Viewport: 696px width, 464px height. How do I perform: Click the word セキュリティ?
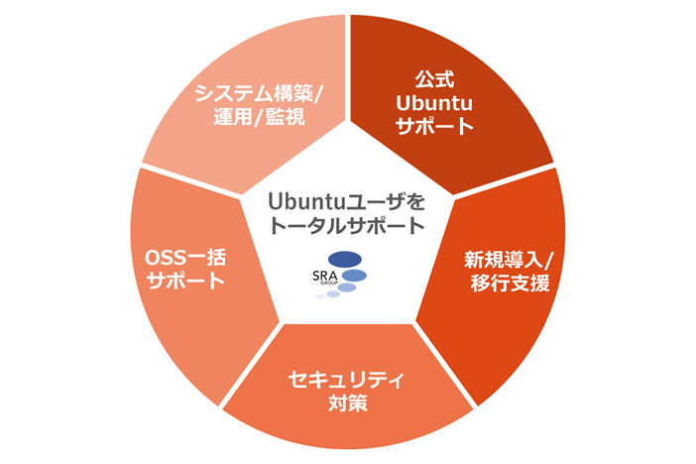click(x=347, y=380)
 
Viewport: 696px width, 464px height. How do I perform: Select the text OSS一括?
click(x=185, y=258)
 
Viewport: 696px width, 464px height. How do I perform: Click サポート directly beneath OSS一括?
click(x=185, y=282)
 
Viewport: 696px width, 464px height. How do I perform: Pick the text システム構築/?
click(x=258, y=93)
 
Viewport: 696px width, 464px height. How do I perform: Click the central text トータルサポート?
click(x=346, y=226)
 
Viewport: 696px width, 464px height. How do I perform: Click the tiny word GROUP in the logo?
click(x=328, y=285)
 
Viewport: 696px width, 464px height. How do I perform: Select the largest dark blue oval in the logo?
click(x=343, y=260)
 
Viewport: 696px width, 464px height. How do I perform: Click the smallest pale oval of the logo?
click(x=320, y=296)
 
